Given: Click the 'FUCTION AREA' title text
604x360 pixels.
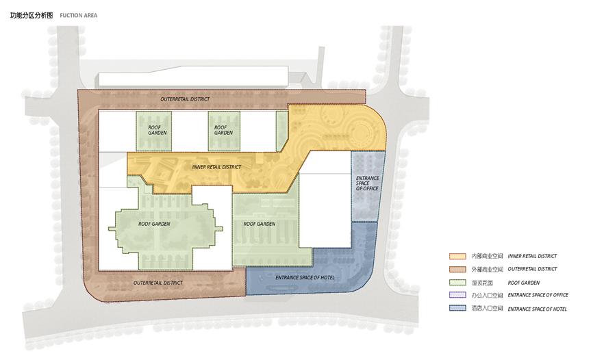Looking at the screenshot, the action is [79, 16].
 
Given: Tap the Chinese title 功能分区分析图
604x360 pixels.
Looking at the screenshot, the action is [32, 16].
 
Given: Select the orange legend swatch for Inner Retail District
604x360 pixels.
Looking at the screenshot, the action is [457, 256].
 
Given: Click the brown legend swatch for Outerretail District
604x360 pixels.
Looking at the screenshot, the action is [457, 269].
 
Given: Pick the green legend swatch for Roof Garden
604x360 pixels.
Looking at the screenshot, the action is [457, 283].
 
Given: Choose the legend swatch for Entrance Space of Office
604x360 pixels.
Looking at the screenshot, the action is [457, 295].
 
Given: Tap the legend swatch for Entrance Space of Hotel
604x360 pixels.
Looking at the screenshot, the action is [457, 309].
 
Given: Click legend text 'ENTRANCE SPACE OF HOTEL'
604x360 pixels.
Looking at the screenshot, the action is [538, 309].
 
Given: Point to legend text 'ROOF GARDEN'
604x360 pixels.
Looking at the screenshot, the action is [523, 283].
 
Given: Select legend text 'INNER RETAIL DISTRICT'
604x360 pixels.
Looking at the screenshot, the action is [532, 256].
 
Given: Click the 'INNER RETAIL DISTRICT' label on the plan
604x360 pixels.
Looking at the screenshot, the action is [216, 167].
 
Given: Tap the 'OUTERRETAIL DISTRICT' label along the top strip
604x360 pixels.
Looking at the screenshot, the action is [186, 99].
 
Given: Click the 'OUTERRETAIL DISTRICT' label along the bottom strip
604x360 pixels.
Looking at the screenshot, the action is [158, 283].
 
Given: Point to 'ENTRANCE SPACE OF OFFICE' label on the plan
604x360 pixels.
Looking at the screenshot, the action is [367, 183].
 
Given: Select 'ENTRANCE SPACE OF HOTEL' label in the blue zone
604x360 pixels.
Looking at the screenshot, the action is [305, 278].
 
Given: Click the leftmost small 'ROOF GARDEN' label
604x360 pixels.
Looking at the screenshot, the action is [158, 130].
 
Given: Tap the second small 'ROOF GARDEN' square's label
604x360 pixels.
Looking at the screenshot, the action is [223, 130].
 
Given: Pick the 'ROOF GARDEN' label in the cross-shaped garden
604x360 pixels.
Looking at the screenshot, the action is [154, 224].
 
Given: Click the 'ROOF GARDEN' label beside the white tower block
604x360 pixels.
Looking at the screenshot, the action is [260, 224].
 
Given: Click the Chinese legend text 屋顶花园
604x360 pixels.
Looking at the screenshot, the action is [482, 283].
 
